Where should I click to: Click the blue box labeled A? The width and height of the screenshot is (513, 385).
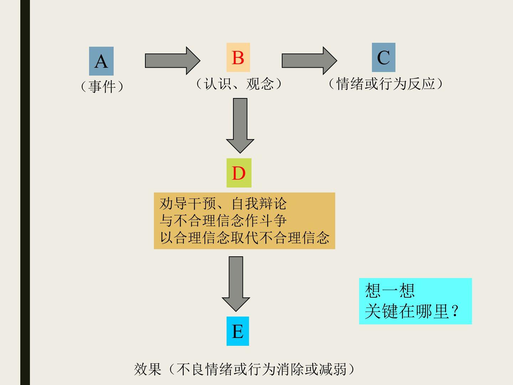click(101, 61)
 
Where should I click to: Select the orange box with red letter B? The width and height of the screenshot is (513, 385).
click(238, 57)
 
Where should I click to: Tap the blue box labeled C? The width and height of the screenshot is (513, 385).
click(383, 57)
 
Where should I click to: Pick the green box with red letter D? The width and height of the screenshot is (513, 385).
click(239, 173)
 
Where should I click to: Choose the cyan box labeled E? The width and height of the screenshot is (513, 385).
click(238, 331)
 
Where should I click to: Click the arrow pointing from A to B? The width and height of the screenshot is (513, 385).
click(172, 60)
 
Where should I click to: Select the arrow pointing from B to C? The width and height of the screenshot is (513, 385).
click(309, 60)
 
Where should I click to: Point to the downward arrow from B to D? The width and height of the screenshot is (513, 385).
click(240, 125)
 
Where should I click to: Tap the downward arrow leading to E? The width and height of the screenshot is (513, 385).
click(236, 283)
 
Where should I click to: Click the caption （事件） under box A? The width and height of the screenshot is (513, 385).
click(102, 86)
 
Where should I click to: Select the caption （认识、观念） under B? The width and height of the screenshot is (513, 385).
click(239, 84)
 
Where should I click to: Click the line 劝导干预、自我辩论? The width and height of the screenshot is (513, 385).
click(223, 204)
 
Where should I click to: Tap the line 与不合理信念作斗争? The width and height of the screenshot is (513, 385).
click(223, 221)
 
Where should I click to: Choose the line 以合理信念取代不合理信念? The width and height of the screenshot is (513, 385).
click(244, 238)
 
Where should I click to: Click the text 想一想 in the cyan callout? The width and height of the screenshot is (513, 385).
click(390, 291)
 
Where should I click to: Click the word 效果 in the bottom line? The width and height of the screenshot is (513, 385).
click(147, 369)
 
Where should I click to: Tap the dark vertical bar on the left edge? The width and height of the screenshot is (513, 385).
click(25, 192)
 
